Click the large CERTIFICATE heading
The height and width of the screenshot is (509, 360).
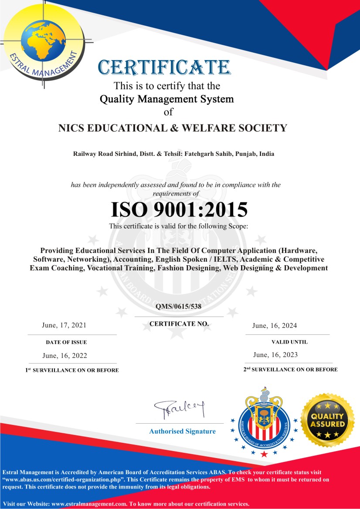[x=164, y=67]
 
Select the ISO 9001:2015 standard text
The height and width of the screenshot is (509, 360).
[x=179, y=209]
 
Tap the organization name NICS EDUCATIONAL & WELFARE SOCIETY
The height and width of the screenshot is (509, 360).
[x=173, y=128]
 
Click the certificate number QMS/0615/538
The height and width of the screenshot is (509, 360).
[x=179, y=307]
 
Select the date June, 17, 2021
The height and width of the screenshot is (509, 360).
[x=64, y=325]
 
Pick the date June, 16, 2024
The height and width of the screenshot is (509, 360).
[x=275, y=326]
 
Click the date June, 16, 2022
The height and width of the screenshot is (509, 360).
[x=65, y=356]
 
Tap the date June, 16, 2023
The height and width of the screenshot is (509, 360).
[x=275, y=355]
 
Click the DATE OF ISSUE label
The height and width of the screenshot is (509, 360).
[x=66, y=342]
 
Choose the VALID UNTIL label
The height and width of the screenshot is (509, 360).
[x=289, y=342]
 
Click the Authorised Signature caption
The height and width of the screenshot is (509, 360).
[x=182, y=431]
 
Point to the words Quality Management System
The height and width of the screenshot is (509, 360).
[x=167, y=99]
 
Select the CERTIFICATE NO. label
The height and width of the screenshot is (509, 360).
[x=179, y=324]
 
